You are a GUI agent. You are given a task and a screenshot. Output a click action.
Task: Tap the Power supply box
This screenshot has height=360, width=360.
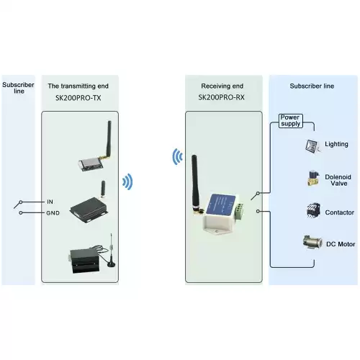[289, 120]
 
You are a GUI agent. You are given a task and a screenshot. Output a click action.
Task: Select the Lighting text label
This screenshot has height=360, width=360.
[336, 145]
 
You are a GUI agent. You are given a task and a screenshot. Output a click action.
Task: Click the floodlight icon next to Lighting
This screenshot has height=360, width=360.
[311, 145]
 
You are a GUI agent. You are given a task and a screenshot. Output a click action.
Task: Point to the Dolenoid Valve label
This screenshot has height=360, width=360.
[338, 179]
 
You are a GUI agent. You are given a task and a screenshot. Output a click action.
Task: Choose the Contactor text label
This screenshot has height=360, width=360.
[339, 213]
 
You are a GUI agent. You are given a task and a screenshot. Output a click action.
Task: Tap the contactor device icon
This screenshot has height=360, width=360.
[311, 212]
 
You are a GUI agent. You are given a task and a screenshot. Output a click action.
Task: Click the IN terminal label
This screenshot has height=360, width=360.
[50, 201]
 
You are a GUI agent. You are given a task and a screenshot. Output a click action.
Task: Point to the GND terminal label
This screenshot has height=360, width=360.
[53, 213]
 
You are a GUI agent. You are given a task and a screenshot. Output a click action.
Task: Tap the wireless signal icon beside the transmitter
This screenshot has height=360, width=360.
[127, 182]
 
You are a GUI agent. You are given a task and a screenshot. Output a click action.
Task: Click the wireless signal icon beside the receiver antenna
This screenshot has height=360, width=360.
[176, 156]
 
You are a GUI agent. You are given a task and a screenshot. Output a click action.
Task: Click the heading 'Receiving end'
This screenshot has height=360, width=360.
[221, 86]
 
